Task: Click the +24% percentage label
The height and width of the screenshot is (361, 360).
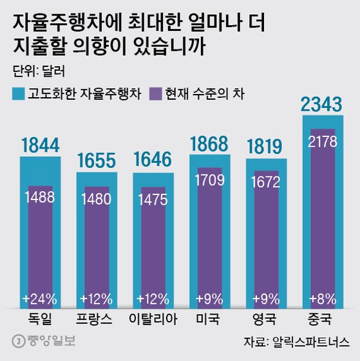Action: coord(40,299)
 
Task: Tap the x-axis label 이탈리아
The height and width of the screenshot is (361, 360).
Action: coord(153,318)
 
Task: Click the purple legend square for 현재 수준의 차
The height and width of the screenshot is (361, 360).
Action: coord(155,93)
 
